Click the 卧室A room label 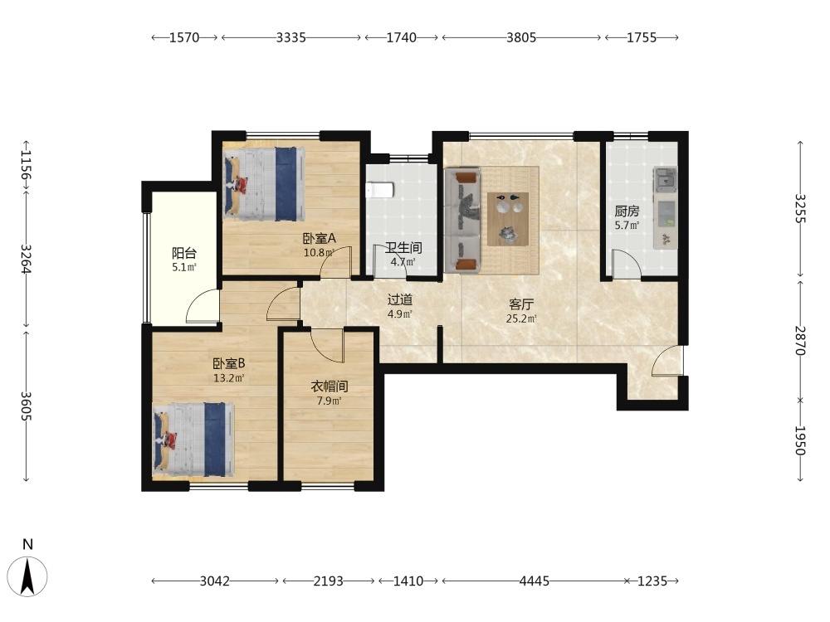pos(320,239)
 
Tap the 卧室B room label pos(229,364)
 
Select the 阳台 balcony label pos(184,253)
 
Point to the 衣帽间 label pos(330,386)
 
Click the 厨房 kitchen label pos(627,211)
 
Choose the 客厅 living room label pos(521,304)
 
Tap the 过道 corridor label pos(400,300)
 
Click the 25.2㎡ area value pos(521,319)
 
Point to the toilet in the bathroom pos(379,190)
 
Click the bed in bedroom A pos(265,183)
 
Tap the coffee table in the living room pos(508,218)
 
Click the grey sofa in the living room pos(462,220)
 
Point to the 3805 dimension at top pos(521,37)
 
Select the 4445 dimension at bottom pos(534,581)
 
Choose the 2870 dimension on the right pos(800,341)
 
